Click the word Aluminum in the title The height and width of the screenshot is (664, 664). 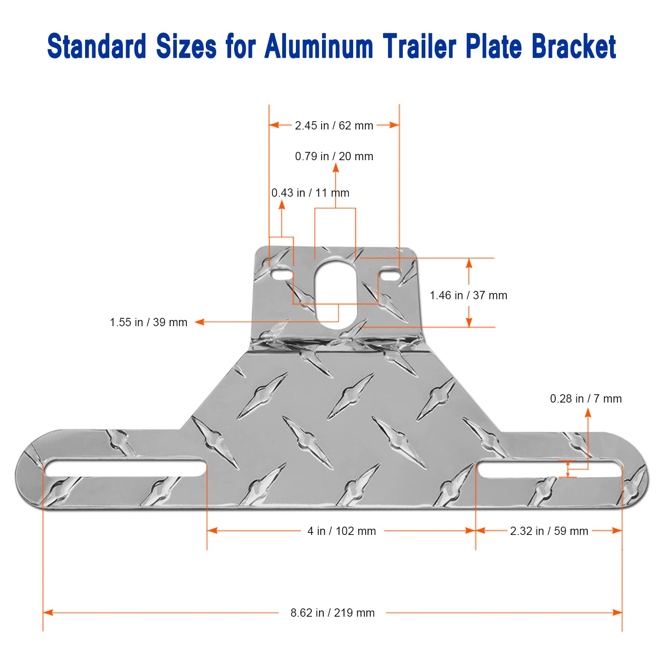(319, 46)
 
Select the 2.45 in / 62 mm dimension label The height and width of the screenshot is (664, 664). (334, 125)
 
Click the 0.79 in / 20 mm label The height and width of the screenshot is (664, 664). (334, 156)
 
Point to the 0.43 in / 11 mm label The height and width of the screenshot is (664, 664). (310, 193)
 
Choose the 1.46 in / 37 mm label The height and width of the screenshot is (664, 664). (468, 295)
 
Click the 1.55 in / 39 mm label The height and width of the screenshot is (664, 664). (149, 322)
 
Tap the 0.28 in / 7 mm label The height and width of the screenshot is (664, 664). (586, 399)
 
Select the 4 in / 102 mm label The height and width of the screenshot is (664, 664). (342, 531)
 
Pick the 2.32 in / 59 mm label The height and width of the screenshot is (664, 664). (549, 531)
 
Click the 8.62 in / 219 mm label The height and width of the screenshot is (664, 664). (332, 613)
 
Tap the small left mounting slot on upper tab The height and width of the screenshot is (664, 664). (282, 275)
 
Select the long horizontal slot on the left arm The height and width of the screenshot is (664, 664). (125, 468)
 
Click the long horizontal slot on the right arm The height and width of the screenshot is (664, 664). (549, 468)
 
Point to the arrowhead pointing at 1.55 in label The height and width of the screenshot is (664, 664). (200, 322)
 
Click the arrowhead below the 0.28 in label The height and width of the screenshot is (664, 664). (588, 413)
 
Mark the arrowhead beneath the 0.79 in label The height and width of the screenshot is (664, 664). (336, 168)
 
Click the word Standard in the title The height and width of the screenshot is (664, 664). (96, 46)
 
